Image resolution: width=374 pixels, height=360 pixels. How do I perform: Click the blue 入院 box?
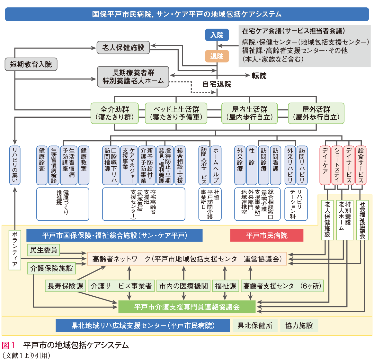[x=217, y=35]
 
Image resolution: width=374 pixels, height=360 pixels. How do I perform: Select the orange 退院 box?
[x=217, y=56]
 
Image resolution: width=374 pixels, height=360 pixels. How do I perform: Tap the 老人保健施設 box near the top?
[x=123, y=48]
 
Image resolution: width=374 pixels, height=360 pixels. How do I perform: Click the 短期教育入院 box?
[x=31, y=64]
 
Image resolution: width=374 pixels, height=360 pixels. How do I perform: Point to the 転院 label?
[x=259, y=76]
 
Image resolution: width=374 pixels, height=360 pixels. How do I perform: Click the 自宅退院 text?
[x=217, y=84]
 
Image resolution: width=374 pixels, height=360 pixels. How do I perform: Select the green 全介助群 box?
[x=115, y=113]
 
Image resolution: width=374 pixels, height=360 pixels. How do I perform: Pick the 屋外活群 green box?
[x=316, y=113]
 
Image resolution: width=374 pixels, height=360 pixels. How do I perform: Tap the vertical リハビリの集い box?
[x=15, y=165]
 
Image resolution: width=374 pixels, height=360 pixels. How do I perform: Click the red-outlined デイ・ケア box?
[x=325, y=165]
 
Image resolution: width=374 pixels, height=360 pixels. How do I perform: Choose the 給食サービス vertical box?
[x=361, y=165]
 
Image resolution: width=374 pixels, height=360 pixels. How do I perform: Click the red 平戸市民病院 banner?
[x=267, y=235]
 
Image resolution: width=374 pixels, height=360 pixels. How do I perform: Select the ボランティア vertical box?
[x=15, y=250]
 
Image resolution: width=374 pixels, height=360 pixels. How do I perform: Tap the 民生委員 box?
[x=43, y=250]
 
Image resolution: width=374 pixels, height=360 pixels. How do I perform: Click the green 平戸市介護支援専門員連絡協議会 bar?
[x=187, y=307]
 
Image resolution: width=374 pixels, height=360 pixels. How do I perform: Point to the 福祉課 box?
[x=226, y=286]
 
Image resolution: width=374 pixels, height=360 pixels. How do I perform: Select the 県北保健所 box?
[x=255, y=326]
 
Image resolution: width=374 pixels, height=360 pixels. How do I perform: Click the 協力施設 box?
[x=299, y=326]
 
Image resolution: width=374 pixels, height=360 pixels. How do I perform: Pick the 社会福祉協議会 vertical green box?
[x=362, y=220]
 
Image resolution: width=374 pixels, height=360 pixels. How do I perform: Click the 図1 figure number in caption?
[x=9, y=346]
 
